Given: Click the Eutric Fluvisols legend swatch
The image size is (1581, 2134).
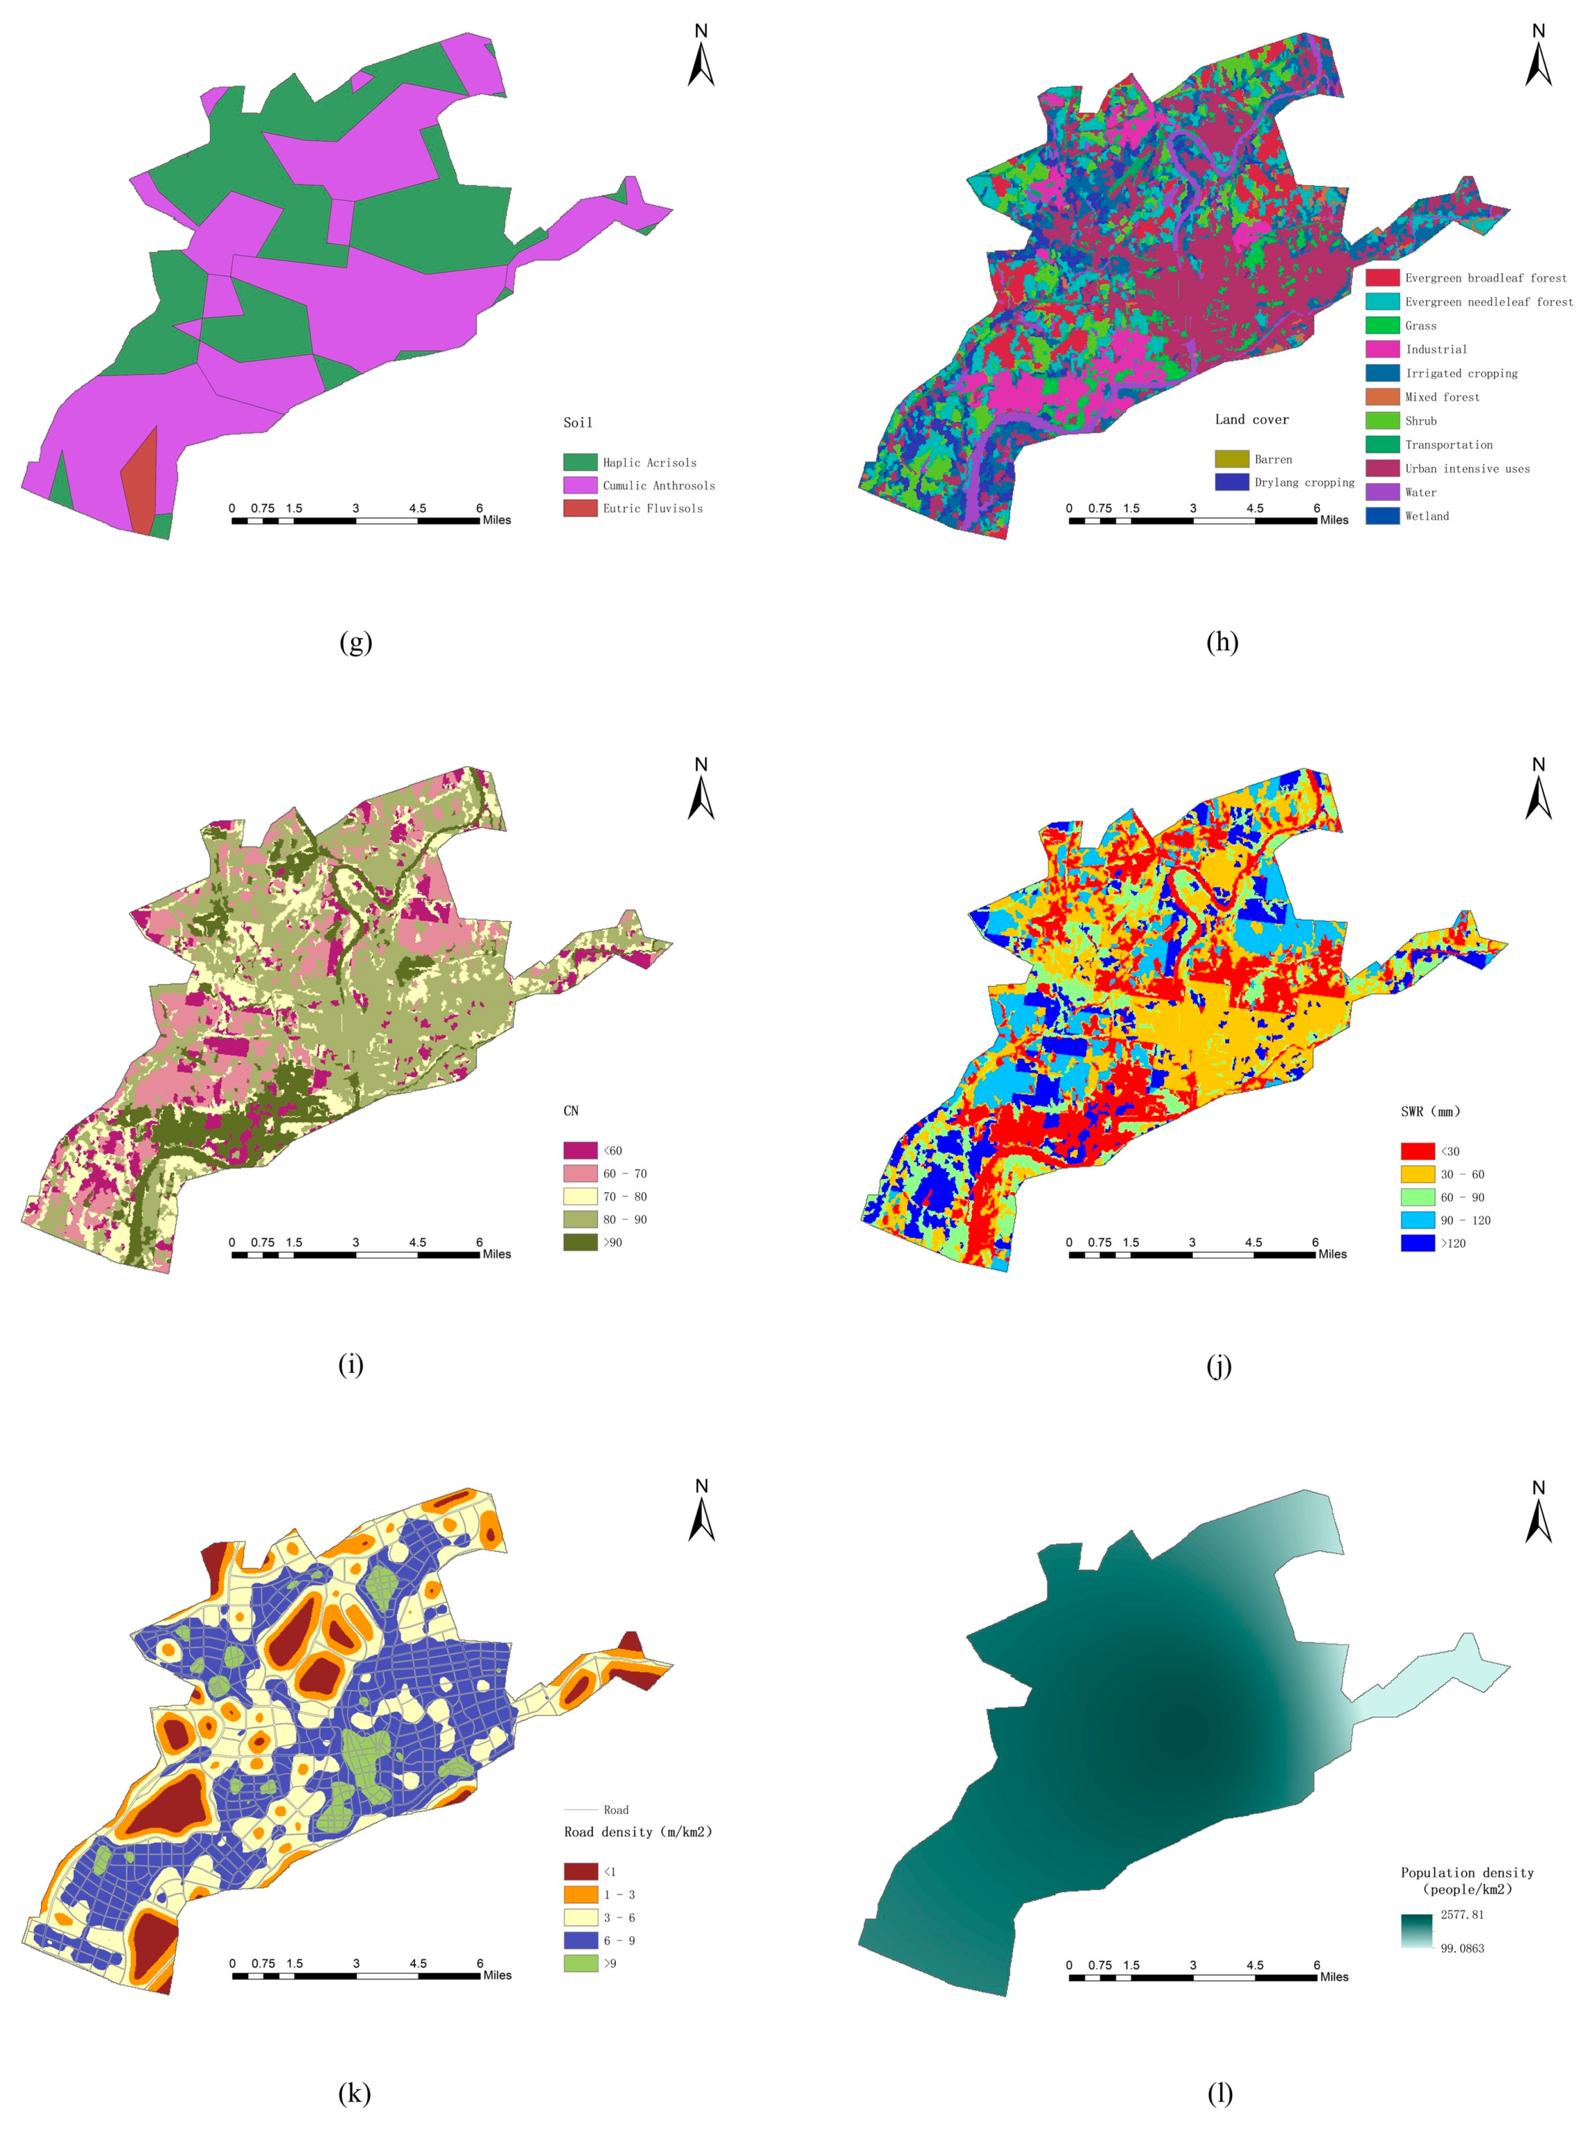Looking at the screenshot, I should click(x=580, y=508).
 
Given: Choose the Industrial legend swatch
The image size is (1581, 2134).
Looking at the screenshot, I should click(x=1382, y=349).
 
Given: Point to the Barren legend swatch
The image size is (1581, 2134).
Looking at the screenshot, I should click(x=1232, y=460).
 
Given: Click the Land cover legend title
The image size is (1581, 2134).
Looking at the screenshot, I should click(x=1252, y=419).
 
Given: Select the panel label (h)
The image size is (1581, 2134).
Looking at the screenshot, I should click(x=1222, y=641).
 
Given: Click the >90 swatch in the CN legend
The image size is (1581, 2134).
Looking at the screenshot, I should click(x=580, y=1242).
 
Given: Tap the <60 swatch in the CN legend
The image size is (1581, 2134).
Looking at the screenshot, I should click(x=580, y=1151).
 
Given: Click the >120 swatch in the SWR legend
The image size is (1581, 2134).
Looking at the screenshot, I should click(x=1417, y=1243).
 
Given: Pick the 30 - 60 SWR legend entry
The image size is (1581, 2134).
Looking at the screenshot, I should click(x=1462, y=1174).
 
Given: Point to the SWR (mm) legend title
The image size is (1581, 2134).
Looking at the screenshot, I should click(x=1430, y=1111).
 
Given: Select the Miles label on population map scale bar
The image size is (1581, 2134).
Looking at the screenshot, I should click(x=1334, y=1976).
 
